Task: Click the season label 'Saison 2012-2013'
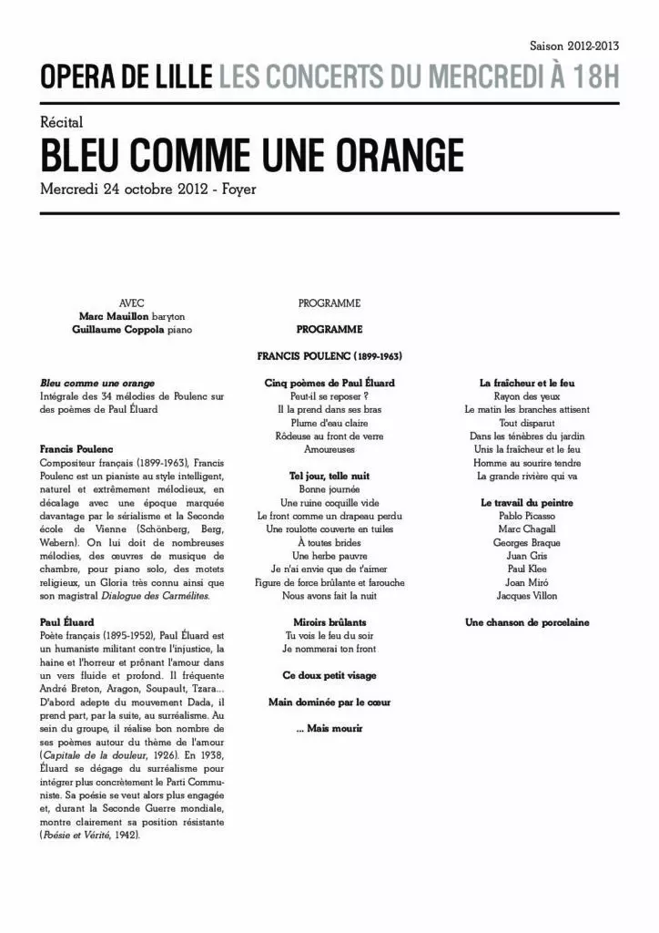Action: tap(573, 45)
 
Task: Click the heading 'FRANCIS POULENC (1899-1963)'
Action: tap(329, 355)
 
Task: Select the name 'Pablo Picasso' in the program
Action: tap(527, 516)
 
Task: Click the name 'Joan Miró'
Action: tap(527, 582)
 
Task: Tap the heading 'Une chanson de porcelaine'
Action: tap(527, 622)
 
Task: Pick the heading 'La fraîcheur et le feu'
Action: tap(527, 383)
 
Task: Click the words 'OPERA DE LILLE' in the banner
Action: tap(127, 79)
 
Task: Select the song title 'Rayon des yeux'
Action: tap(527, 396)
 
